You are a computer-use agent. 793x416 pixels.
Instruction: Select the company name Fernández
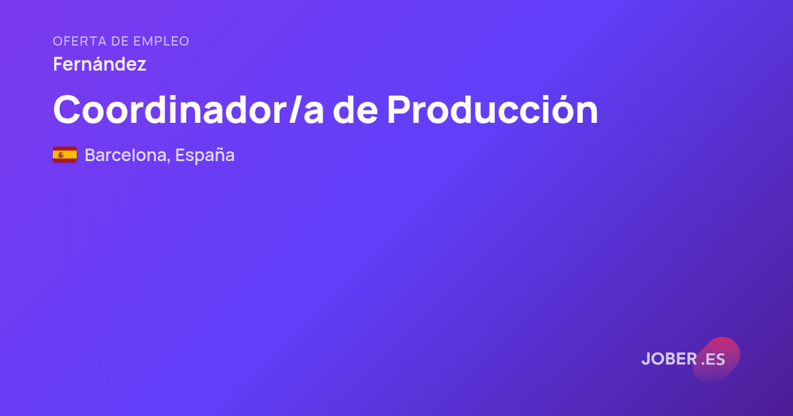pyautogui.click(x=100, y=64)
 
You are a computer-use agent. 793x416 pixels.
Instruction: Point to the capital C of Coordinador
pyautogui.click(x=67, y=110)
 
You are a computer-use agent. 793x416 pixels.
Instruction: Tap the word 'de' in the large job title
pyautogui.click(x=355, y=110)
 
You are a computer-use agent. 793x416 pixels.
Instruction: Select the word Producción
pyautogui.click(x=492, y=110)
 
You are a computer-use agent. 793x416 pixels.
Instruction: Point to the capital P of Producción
pyautogui.click(x=399, y=110)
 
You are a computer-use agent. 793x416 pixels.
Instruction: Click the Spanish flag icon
pyautogui.click(x=65, y=155)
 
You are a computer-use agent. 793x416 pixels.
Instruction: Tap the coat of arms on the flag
pyautogui.click(x=61, y=155)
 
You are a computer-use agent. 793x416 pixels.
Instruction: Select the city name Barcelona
pyautogui.click(x=125, y=155)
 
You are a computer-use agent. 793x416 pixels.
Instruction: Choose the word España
pyautogui.click(x=205, y=156)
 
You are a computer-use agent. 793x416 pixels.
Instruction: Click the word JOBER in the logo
pyautogui.click(x=669, y=359)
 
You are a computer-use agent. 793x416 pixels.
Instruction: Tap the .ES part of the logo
pyautogui.click(x=713, y=359)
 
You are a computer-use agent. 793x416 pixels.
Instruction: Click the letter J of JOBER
pyautogui.click(x=646, y=359)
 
